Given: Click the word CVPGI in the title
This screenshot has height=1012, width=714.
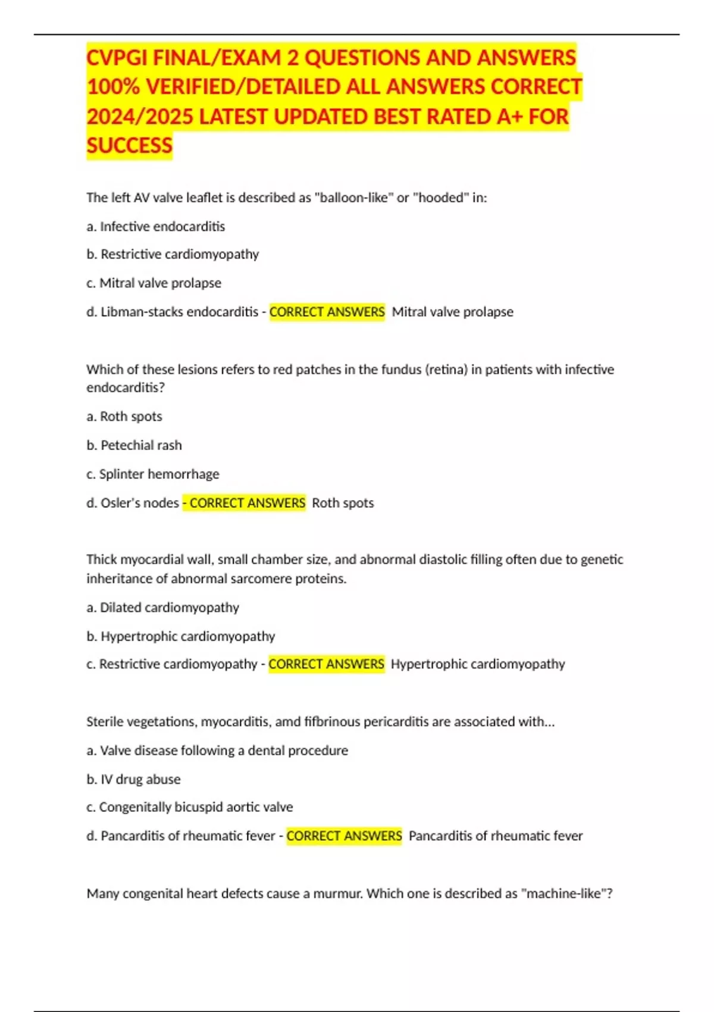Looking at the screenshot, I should (116, 58).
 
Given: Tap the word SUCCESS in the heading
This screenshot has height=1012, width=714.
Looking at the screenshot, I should (129, 146).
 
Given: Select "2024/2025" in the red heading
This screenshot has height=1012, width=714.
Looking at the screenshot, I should (140, 117).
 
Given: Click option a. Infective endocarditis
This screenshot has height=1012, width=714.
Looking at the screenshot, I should (156, 226).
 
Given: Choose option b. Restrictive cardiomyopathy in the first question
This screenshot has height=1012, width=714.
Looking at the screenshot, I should (173, 254).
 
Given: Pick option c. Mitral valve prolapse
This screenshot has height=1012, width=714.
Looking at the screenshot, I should (154, 283).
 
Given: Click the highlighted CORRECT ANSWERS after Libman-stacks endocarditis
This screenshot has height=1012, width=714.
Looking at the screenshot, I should (327, 312).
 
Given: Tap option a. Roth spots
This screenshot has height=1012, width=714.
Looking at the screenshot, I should (124, 416).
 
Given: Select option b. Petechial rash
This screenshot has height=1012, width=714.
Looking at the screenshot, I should (134, 445).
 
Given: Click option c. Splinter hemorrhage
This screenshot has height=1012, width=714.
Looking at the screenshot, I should (153, 474).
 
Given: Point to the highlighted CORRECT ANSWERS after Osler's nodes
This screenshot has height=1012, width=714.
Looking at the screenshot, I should (246, 503).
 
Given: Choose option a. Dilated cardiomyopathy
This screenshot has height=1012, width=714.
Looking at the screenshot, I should (163, 607).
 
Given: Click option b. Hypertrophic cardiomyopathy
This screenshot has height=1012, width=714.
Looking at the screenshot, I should (181, 636).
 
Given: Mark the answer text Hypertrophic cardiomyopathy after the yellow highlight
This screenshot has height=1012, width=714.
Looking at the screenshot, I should (478, 664).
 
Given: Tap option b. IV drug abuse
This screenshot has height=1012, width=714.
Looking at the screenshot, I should (134, 779).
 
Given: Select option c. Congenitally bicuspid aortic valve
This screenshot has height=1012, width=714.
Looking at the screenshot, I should (190, 807).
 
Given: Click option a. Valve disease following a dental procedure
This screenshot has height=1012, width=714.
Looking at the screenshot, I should (217, 750).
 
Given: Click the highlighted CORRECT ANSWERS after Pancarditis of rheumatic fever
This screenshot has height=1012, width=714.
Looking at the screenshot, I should (344, 836).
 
